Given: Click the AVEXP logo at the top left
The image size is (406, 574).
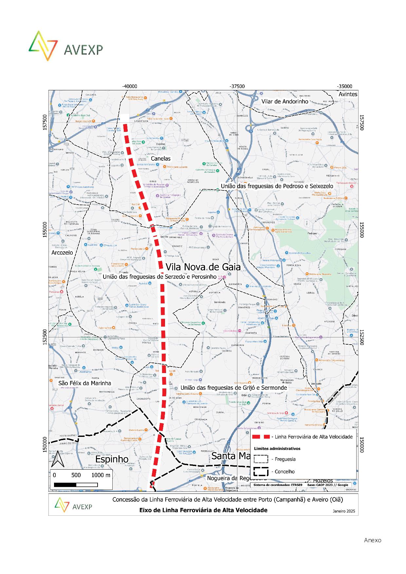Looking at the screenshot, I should (x=66, y=46).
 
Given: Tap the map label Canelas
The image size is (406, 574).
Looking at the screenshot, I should (x=160, y=158).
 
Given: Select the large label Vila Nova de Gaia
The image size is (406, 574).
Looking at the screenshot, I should (x=203, y=267).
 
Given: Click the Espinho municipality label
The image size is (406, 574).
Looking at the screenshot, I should (x=112, y=459).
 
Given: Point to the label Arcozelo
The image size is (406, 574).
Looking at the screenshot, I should (x=62, y=253).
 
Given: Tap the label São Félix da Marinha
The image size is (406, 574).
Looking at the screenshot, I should (x=84, y=383).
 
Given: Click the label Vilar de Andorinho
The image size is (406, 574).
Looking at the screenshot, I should (x=285, y=101).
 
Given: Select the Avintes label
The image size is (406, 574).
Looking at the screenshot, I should (x=348, y=94).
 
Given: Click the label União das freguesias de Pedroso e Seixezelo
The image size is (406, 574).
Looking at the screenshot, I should (x=277, y=186).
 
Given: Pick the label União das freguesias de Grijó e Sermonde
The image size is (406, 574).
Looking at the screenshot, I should (x=233, y=388).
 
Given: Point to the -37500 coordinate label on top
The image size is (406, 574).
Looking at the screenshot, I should (x=237, y=86).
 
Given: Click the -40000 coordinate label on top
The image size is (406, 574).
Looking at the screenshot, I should (x=130, y=86).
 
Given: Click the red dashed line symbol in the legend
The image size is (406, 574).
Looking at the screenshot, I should (x=261, y=437).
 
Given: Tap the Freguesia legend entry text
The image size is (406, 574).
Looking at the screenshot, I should (x=285, y=459).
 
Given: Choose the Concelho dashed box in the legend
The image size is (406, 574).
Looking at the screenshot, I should (x=261, y=472).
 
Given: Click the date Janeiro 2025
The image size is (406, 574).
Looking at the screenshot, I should (x=344, y=511).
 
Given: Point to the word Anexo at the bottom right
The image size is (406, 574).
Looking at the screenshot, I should (x=373, y=540).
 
